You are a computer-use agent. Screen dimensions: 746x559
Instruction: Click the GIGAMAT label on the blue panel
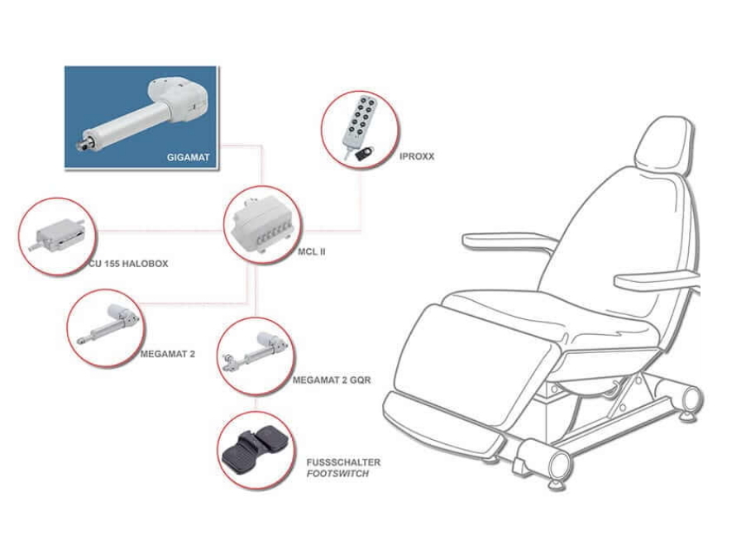(188, 157)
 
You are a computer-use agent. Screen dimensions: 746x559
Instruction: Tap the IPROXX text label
(417, 156)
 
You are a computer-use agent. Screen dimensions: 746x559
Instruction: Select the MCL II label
(312, 251)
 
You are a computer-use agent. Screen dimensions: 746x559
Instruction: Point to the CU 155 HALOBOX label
(128, 264)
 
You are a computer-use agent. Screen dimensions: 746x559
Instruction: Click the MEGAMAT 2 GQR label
(332, 380)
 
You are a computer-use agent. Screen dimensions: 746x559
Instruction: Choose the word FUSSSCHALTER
(343, 462)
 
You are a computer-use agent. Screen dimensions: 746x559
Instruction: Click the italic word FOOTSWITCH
(337, 474)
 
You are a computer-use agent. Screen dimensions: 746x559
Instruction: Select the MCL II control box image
(261, 223)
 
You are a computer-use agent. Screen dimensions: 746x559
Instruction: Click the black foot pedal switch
(256, 451)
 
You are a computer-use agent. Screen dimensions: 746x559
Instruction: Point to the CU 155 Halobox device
(58, 236)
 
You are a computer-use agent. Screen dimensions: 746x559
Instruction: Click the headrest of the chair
(663, 144)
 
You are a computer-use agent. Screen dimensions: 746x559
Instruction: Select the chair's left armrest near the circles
(510, 241)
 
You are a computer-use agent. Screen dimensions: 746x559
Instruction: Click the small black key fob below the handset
(363, 155)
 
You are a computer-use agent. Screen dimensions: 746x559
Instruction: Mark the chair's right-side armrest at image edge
(657, 279)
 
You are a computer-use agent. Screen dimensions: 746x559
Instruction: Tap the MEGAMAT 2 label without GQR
(167, 354)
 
